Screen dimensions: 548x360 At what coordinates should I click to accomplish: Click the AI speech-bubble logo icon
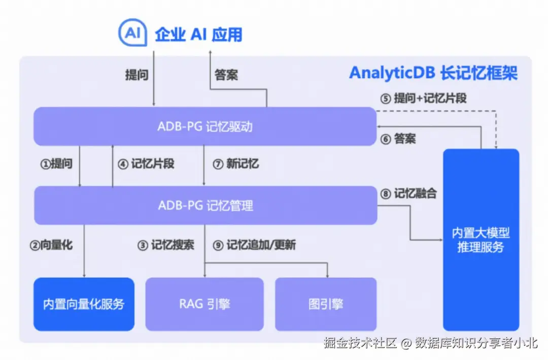point(132,32)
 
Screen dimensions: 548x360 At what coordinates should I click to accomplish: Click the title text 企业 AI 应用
point(198,35)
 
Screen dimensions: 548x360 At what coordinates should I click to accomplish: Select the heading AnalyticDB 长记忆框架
point(433,73)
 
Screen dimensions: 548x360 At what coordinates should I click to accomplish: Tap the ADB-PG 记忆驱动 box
point(205,126)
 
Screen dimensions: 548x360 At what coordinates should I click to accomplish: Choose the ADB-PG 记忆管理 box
point(205,205)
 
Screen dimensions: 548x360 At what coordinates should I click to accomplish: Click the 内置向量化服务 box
point(84,304)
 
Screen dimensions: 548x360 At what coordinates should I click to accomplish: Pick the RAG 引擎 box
point(204,304)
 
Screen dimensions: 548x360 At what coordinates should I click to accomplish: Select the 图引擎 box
point(326,304)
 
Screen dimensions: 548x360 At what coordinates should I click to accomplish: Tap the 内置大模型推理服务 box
point(481,240)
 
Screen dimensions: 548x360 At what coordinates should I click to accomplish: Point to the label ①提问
point(56,163)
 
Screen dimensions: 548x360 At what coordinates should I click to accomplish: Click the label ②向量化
point(51,245)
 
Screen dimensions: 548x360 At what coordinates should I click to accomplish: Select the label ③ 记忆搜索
point(165,245)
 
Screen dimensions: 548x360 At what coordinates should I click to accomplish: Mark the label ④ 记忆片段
point(146,163)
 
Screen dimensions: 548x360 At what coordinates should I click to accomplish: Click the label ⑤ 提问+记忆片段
point(423,99)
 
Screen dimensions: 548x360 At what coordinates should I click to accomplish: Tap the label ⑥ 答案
point(398,139)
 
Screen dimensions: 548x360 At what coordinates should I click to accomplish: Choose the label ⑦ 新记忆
point(235,163)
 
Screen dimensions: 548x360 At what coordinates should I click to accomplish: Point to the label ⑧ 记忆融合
point(408,193)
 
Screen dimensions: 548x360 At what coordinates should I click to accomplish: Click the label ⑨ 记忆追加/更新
point(254,245)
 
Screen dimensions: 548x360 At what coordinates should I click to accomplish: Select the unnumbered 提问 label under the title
point(136,75)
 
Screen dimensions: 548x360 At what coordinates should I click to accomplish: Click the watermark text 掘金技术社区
point(360,343)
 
